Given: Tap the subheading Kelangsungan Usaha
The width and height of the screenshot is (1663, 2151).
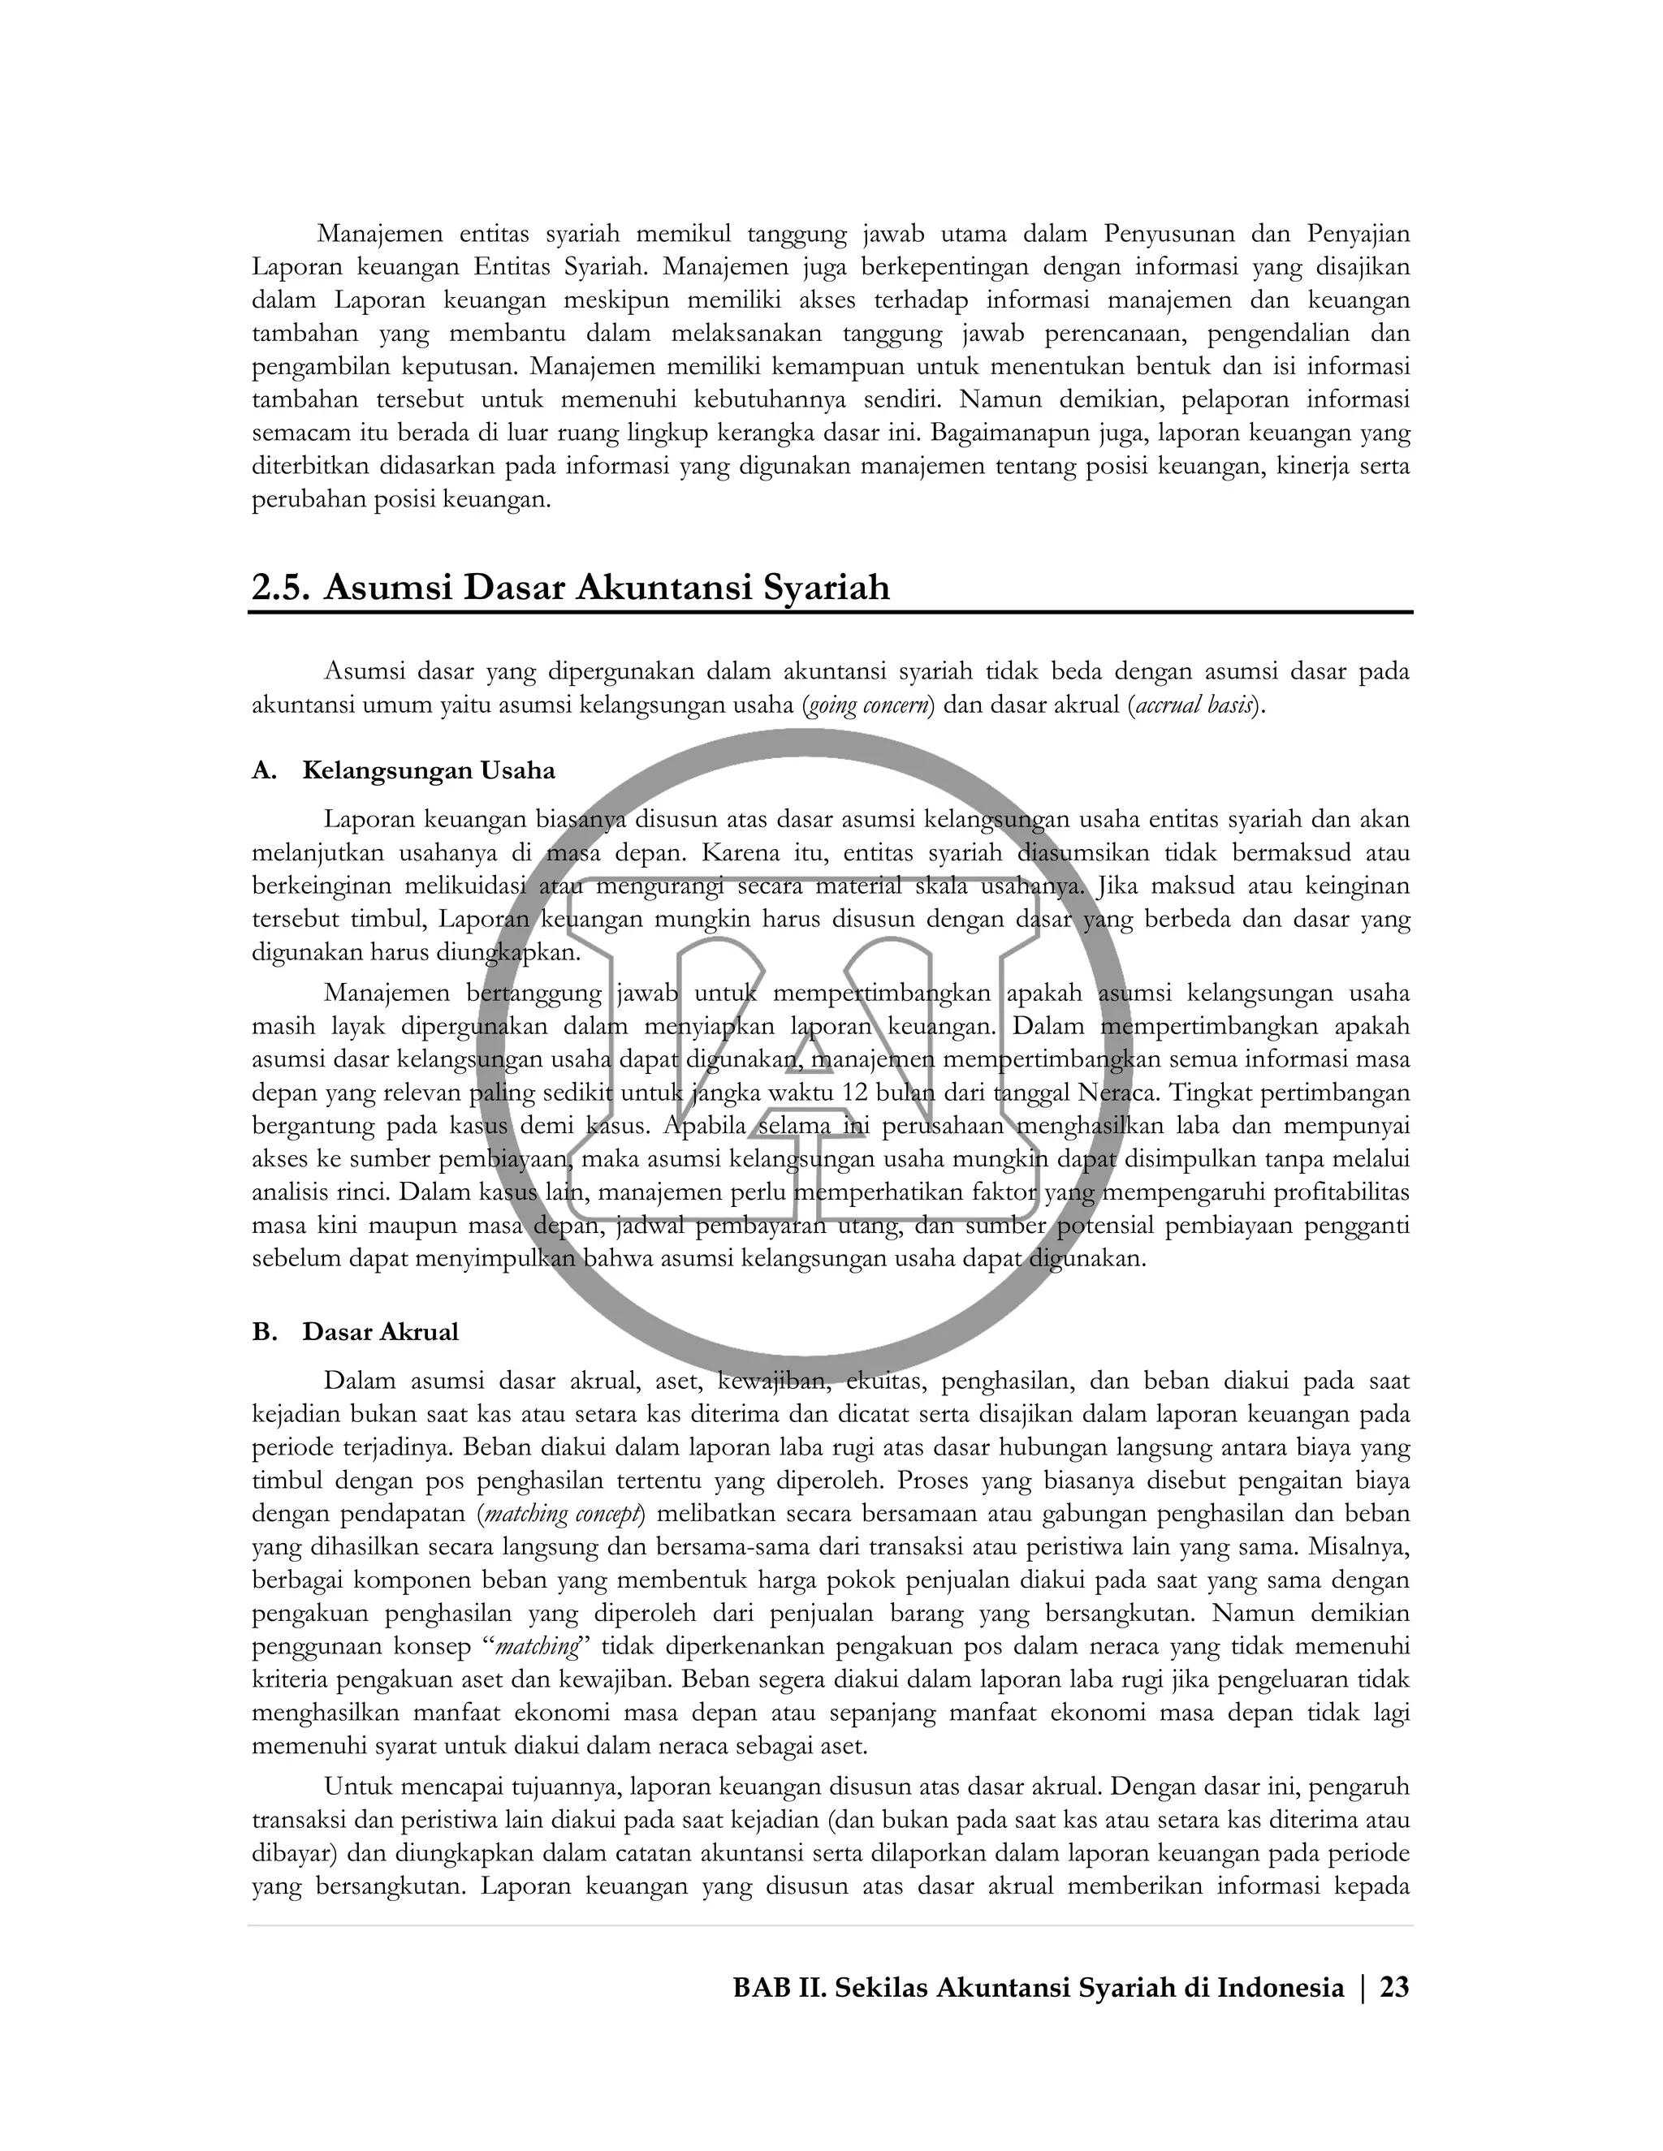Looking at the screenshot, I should point(429,770).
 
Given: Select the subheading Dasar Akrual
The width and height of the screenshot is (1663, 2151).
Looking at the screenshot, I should point(380,1333).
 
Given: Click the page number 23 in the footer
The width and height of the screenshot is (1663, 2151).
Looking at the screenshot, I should point(1394,1988).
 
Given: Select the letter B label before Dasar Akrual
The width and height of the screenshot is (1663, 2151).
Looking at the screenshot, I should point(263,1333).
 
